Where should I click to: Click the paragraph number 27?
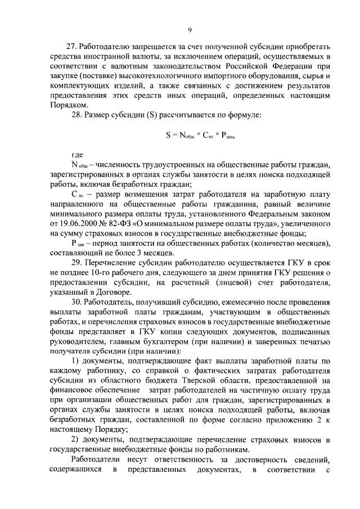(x=71, y=45)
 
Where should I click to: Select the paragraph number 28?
(x=71, y=116)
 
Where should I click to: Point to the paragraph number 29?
(x=71, y=262)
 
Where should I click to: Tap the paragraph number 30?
(x=71, y=303)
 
